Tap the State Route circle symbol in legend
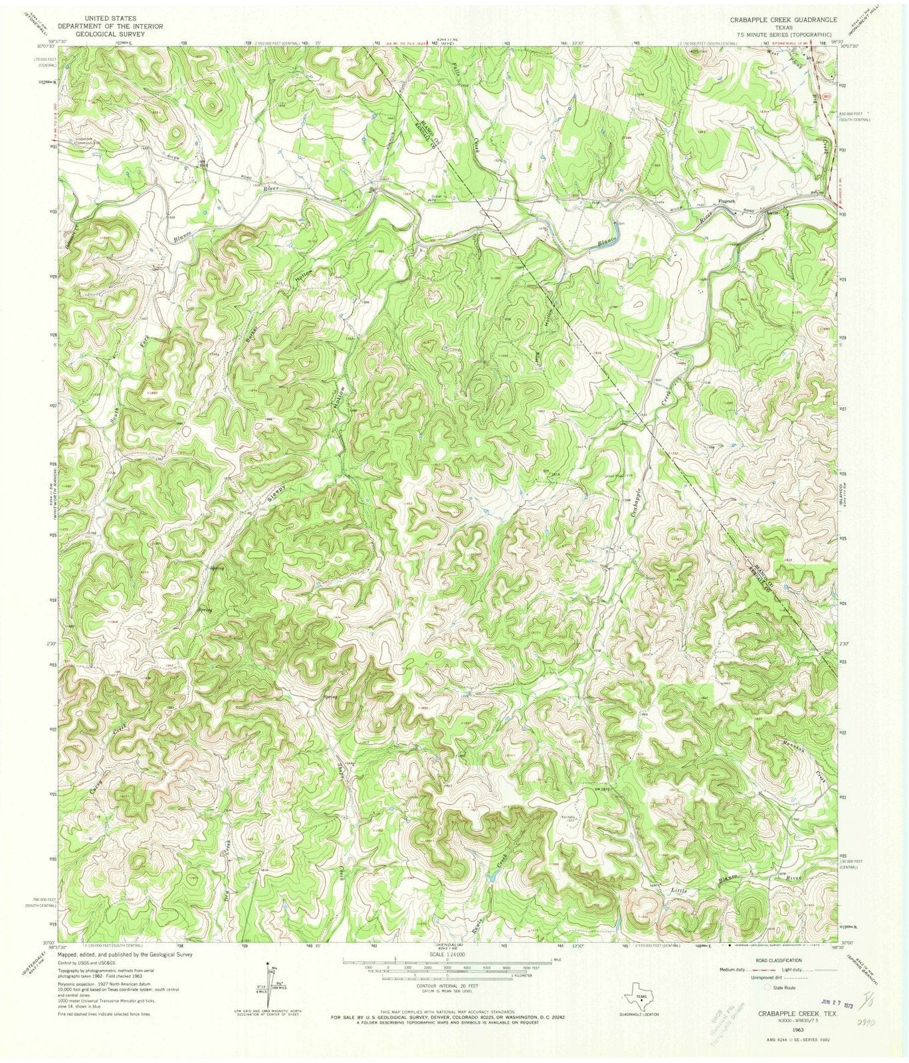[x=769, y=989]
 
